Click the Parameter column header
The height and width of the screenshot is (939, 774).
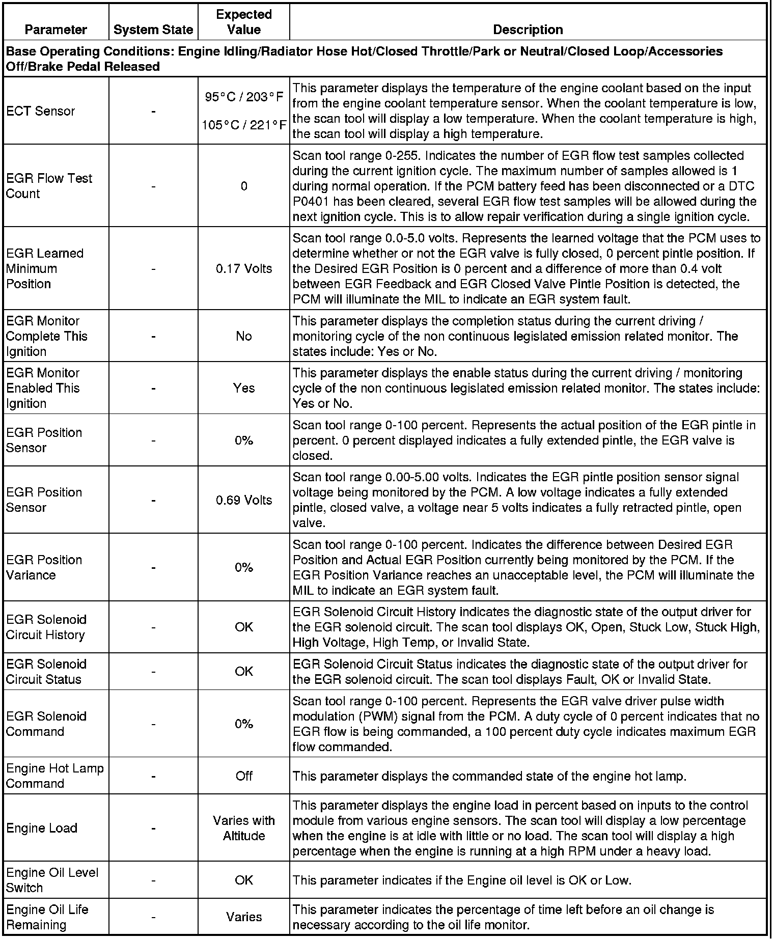tap(56, 30)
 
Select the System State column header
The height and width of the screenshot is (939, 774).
tap(153, 30)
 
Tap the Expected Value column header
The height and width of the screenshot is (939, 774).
tap(244, 22)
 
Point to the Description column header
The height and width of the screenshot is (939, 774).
tap(528, 30)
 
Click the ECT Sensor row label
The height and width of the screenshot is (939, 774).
tap(41, 111)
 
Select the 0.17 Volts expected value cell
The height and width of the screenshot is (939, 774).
tap(244, 268)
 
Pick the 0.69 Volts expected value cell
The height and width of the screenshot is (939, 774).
tap(244, 500)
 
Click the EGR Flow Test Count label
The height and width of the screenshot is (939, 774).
tap(49, 186)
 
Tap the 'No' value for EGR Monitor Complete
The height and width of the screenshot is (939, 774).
tap(244, 336)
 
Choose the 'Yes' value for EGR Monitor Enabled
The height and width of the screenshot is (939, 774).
tap(244, 388)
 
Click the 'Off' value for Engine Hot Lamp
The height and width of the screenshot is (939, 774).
tap(244, 776)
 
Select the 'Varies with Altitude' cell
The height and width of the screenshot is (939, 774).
tap(244, 828)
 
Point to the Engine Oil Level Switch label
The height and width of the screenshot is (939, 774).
tap(52, 880)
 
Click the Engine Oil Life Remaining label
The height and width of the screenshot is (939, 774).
tap(47, 917)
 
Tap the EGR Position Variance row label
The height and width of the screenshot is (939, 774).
tap(44, 567)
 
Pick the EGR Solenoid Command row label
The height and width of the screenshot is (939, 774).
tap(46, 724)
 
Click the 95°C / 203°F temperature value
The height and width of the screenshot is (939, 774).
tap(244, 97)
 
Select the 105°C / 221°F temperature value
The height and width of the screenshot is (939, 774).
tap(244, 125)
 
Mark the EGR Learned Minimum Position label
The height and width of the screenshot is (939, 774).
tap(45, 268)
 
